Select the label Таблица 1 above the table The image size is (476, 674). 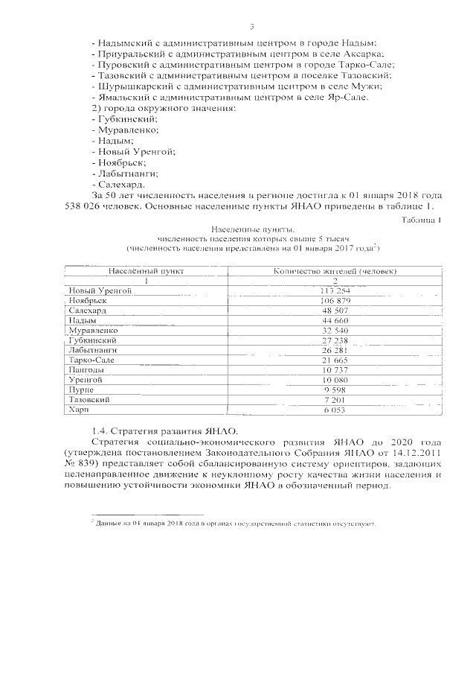click(x=421, y=220)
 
